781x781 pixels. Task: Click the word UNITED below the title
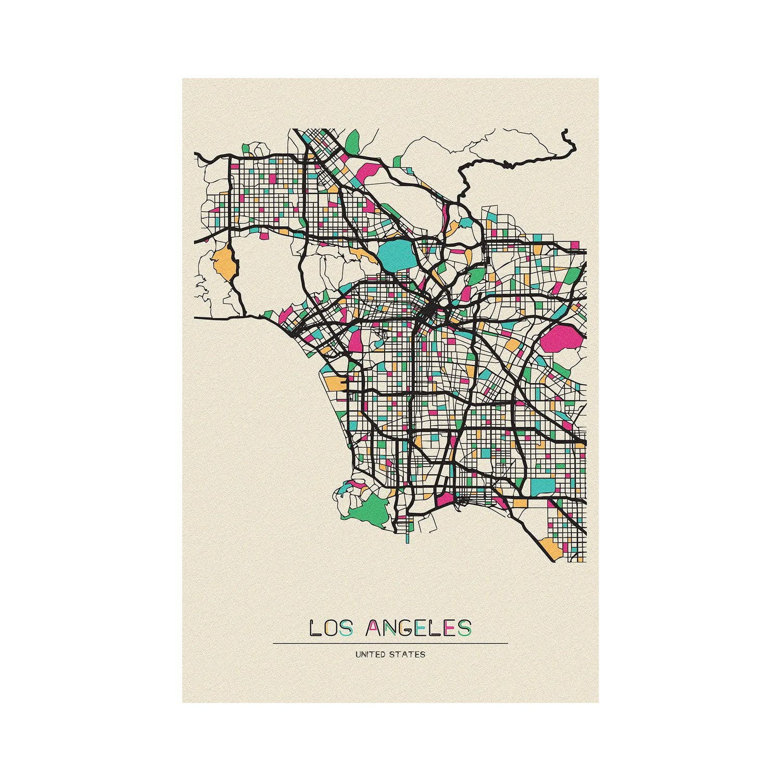coord(371,654)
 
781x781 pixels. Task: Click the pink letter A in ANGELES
coord(373,628)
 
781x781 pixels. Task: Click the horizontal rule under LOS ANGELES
coord(391,644)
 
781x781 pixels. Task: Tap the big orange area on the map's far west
coord(224,263)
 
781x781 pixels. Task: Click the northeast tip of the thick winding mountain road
coord(565,133)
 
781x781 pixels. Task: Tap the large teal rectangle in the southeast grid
coord(543,487)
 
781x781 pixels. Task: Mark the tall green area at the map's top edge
coord(353,141)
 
